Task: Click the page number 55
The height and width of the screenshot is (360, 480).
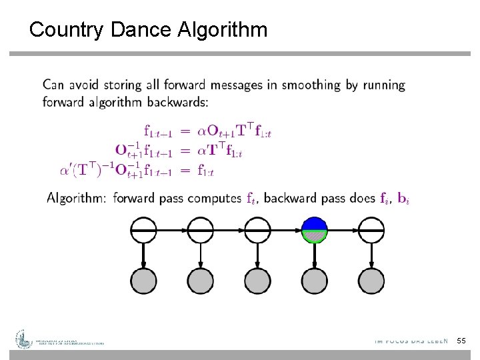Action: pyautogui.click(x=461, y=341)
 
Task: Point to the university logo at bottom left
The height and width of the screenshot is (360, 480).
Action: pyautogui.click(x=24, y=340)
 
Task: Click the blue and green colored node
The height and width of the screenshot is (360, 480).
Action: pyautogui.click(x=315, y=230)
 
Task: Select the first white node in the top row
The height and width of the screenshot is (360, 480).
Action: pyautogui.click(x=143, y=230)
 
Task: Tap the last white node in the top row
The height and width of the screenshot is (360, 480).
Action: pyautogui.click(x=371, y=230)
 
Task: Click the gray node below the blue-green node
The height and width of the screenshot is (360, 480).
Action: pyautogui.click(x=315, y=280)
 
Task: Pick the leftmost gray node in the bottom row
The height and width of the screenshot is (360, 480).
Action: pyautogui.click(x=143, y=280)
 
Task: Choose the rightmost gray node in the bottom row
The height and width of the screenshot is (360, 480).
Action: pyautogui.click(x=371, y=280)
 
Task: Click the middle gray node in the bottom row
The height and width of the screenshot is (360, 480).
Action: pyautogui.click(x=257, y=280)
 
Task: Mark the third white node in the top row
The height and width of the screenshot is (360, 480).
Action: pyautogui.click(x=257, y=230)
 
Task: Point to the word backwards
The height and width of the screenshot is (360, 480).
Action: pyautogui.click(x=180, y=102)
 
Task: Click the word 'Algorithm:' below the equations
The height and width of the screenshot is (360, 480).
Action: pyautogui.click(x=77, y=198)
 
